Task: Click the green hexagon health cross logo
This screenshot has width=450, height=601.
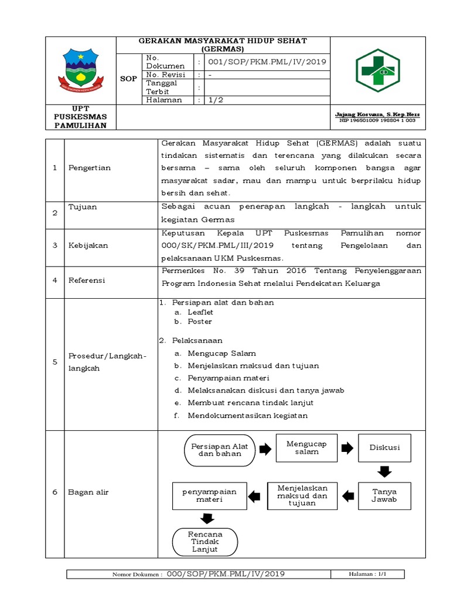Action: coord(378,70)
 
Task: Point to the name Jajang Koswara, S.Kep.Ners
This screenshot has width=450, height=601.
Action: coord(377,114)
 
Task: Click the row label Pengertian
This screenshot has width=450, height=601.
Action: coord(90,168)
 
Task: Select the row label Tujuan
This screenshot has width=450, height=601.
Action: coord(83,207)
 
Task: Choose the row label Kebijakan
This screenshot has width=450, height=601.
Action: coord(88,245)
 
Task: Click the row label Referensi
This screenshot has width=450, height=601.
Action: coord(87,281)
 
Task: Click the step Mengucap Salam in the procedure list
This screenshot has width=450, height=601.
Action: coord(221,353)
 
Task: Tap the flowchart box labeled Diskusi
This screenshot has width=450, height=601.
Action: coord(384,448)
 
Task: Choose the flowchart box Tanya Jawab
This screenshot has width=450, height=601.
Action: coord(384,495)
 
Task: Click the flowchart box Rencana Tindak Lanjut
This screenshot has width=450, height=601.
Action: coord(204,542)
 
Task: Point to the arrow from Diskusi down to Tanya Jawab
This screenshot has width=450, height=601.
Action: coord(384,471)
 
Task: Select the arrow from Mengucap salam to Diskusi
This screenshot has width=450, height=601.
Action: coord(347,448)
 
